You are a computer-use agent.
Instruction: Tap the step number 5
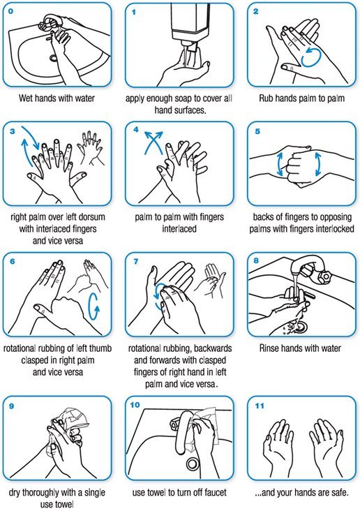tap(256, 130)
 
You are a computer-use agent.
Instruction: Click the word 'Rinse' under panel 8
tap(271, 347)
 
